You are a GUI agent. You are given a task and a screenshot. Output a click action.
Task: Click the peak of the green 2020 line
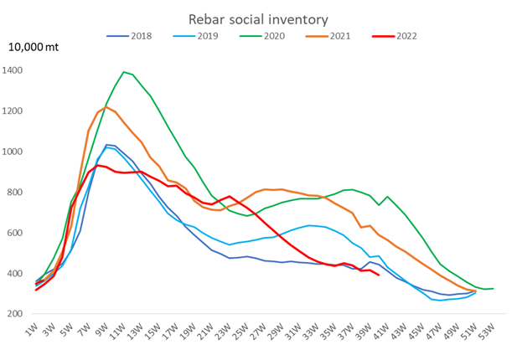click(x=124, y=72)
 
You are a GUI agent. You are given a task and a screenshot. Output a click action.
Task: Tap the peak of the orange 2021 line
click(x=106, y=106)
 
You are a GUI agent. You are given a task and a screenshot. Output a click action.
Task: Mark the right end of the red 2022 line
click(x=379, y=275)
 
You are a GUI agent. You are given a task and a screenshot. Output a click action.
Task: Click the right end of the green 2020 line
click(x=493, y=289)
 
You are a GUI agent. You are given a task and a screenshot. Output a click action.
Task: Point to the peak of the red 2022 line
click(x=98, y=165)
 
